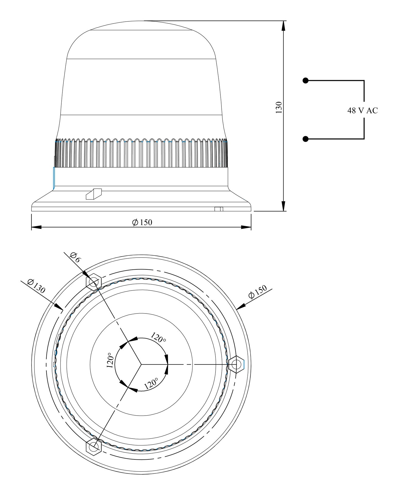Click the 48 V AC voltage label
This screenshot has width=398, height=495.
pos(362,111)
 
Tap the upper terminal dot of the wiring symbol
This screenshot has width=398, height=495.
pos(305,81)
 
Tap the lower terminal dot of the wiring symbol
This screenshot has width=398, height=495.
pos(305,139)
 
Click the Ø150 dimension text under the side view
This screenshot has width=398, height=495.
pos(142,222)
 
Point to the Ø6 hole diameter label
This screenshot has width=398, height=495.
pos(75,257)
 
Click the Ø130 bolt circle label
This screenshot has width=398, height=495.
pos(36,286)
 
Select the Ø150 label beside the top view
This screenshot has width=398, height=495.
pos(258,292)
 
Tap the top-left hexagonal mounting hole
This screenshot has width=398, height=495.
pos(94,283)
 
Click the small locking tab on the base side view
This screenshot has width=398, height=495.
pos(94,194)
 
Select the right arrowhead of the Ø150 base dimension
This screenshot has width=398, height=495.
pos(246,227)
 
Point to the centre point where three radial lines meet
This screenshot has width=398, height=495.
pos(141,364)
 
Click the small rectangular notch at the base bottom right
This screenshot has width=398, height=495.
pos(219,209)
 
